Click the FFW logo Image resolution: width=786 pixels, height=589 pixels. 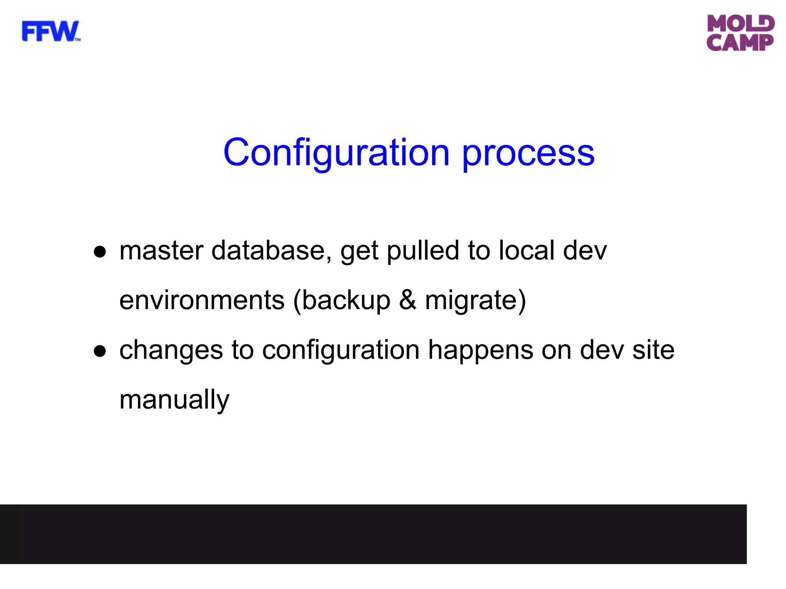(51, 31)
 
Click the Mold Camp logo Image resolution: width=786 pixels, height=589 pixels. (740, 33)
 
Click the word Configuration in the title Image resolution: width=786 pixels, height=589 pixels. (336, 153)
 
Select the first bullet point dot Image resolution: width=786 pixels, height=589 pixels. (100, 252)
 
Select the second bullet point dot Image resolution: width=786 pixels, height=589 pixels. (100, 351)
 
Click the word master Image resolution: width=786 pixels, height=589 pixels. (161, 251)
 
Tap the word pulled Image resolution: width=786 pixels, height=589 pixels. (423, 251)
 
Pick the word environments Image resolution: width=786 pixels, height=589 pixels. (202, 300)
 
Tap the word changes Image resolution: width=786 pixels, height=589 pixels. (171, 350)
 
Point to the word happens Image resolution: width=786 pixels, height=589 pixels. (481, 350)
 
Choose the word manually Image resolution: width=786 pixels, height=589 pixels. (174, 400)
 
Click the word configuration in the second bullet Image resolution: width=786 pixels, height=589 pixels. (341, 350)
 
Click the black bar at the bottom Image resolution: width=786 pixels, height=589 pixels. (373, 534)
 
